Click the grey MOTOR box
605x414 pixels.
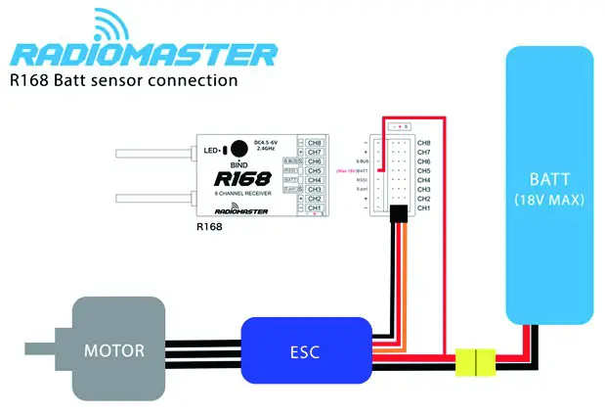pyautogui.click(x=115, y=349)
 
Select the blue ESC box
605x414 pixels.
pyautogui.click(x=307, y=349)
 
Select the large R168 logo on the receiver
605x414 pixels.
pyautogui.click(x=240, y=179)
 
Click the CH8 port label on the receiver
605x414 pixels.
pyautogui.click(x=315, y=143)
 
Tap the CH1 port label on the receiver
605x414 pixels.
pyautogui.click(x=315, y=207)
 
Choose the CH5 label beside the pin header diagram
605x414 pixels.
pyautogui.click(x=423, y=170)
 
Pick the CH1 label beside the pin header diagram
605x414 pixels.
pyautogui.click(x=423, y=208)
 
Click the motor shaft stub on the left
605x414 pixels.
pyautogui.click(x=38, y=349)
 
